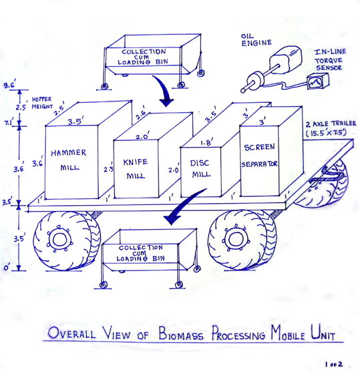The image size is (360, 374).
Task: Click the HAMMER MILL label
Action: (x=69, y=160)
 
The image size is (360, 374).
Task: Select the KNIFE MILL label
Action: (x=136, y=169)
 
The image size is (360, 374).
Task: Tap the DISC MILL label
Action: (x=200, y=168)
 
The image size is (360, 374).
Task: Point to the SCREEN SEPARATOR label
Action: (x=260, y=155)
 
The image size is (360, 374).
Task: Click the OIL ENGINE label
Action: (x=256, y=40)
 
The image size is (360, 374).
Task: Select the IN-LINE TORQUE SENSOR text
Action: (x=330, y=59)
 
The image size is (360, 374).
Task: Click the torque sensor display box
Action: (x=318, y=81)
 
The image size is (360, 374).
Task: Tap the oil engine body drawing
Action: (x=286, y=59)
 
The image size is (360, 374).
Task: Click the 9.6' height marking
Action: (x=9, y=85)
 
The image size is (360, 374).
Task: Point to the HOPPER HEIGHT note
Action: (x=42, y=103)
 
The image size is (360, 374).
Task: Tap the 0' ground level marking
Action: (x=7, y=267)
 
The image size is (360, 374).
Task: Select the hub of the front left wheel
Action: (x=59, y=240)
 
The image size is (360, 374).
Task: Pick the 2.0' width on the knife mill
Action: (x=143, y=136)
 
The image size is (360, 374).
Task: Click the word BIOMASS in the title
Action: (x=181, y=333)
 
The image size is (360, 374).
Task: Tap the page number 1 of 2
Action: (x=334, y=364)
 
